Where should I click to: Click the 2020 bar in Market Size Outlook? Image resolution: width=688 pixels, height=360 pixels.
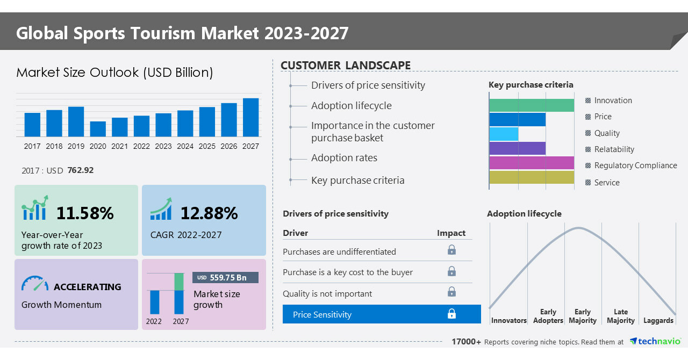pyautogui.click(x=98, y=129)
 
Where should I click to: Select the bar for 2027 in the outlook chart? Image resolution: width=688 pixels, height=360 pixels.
pyautogui.click(x=250, y=117)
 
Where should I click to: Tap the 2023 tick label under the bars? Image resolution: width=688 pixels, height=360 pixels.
pyautogui.click(x=163, y=146)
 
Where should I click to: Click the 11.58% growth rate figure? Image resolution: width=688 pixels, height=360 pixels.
pyautogui.click(x=85, y=213)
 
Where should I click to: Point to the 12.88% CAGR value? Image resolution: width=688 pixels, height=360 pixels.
pyautogui.click(x=209, y=213)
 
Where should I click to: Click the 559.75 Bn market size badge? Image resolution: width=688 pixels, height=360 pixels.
pyautogui.click(x=225, y=277)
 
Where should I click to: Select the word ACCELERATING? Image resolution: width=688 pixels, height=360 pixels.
pyautogui.click(x=88, y=287)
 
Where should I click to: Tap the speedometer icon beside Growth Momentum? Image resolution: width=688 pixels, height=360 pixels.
pyautogui.click(x=35, y=284)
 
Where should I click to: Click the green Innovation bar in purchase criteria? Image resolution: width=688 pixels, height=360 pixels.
pyautogui.click(x=532, y=105)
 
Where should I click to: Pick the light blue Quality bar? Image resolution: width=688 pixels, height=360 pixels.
pyautogui.click(x=504, y=134)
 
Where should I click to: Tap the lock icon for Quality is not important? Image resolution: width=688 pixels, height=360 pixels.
pyautogui.click(x=452, y=292)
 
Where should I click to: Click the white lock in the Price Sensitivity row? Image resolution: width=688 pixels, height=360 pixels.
pyautogui.click(x=452, y=314)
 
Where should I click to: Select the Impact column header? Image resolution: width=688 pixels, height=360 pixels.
pyautogui.click(x=451, y=233)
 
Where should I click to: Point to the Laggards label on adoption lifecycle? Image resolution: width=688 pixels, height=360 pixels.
pyautogui.click(x=658, y=320)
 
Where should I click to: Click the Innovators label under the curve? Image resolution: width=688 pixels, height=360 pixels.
pyautogui.click(x=508, y=320)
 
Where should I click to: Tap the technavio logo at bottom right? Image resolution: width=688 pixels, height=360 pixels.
pyautogui.click(x=655, y=341)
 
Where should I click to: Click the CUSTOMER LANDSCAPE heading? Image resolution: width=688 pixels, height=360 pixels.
pyautogui.click(x=346, y=66)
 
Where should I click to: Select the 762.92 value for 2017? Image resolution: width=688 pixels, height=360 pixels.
pyautogui.click(x=81, y=170)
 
